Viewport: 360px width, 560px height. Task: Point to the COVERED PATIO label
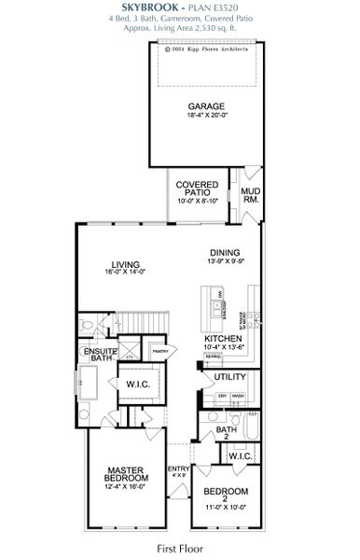pos(197,189)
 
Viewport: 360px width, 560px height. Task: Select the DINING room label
pos(225,253)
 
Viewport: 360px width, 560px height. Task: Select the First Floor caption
pos(179,549)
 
